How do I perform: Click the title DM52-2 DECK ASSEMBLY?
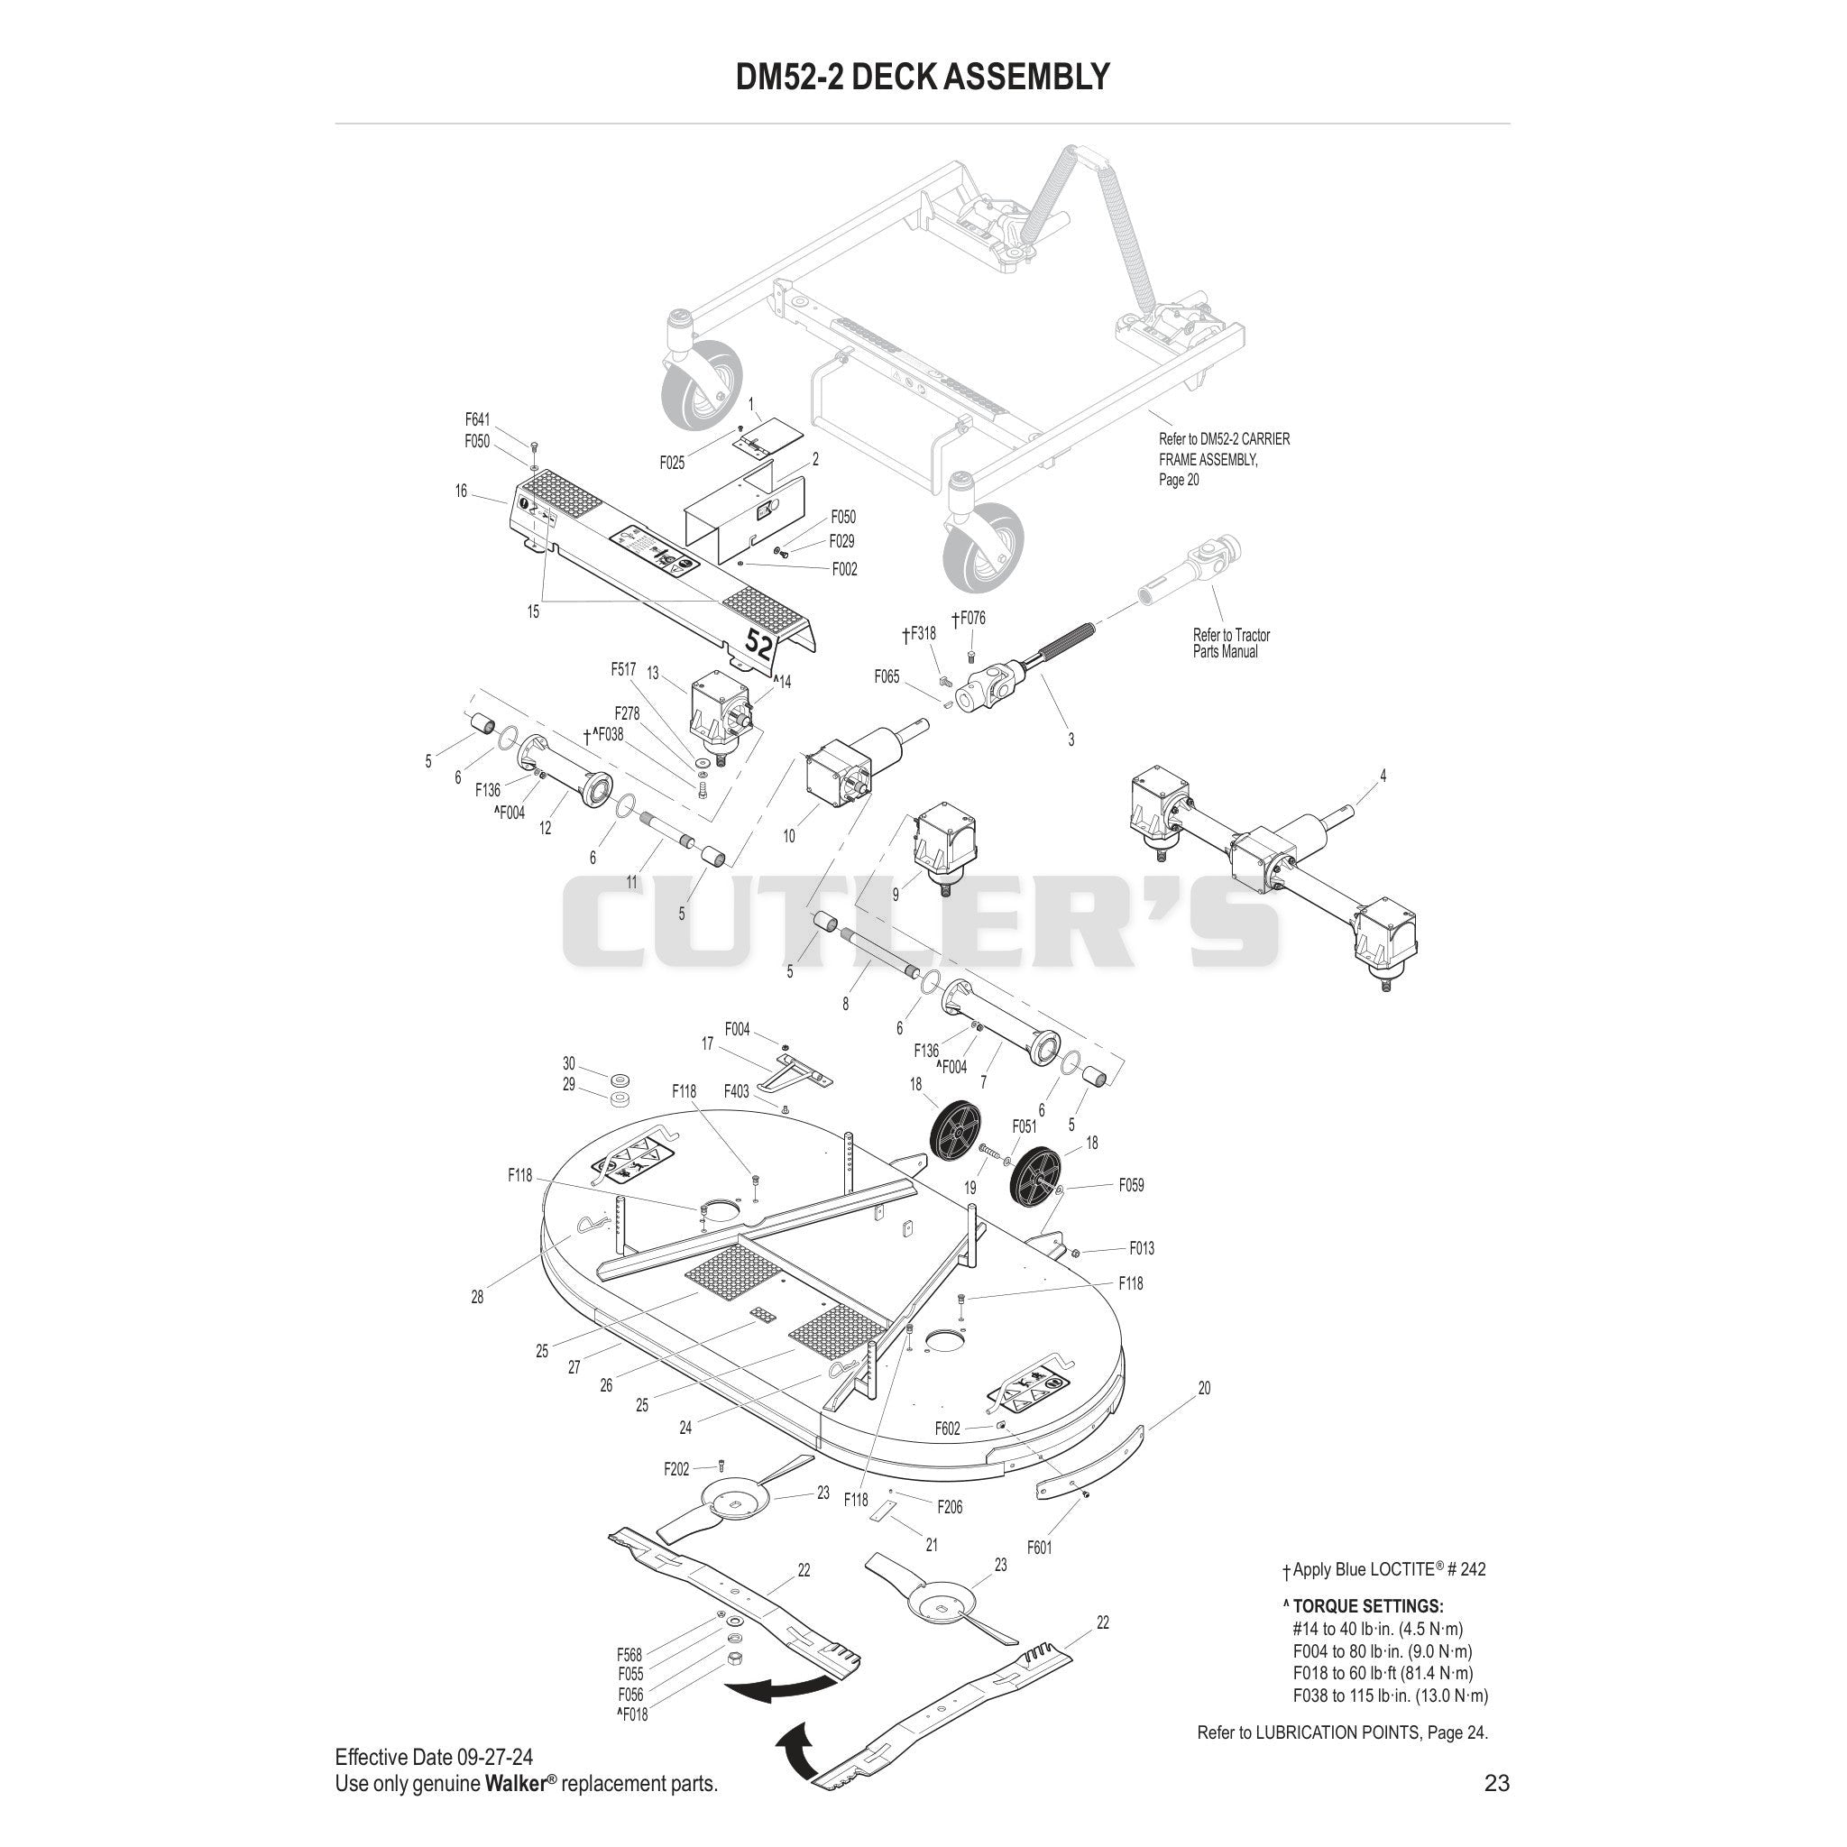(923, 77)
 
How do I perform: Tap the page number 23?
(1497, 1782)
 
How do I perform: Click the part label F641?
(477, 418)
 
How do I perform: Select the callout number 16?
(461, 491)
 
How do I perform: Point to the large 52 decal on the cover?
(760, 642)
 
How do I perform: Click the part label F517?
(623, 669)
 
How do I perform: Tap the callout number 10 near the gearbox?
(789, 835)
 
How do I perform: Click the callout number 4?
(1383, 776)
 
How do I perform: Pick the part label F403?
(736, 1091)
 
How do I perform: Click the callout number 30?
(569, 1064)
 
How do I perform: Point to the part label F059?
(1132, 1184)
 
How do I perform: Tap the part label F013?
(1143, 1247)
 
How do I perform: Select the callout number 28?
(477, 1297)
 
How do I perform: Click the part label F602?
(948, 1429)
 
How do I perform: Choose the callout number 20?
(1204, 1388)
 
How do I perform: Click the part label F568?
(629, 1655)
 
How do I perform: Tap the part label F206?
(951, 1507)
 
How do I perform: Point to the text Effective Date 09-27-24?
(434, 1757)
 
